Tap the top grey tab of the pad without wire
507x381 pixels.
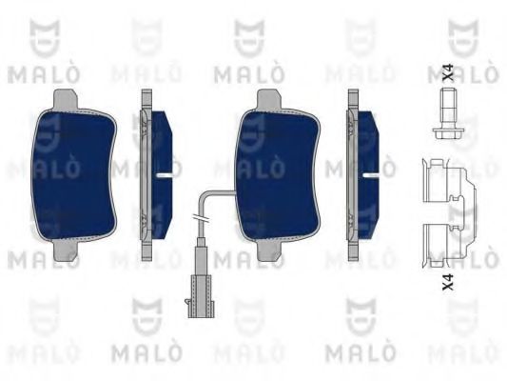point(66,97)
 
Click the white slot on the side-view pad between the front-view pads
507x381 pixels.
point(165,176)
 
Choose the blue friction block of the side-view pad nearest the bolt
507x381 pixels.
point(367,143)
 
